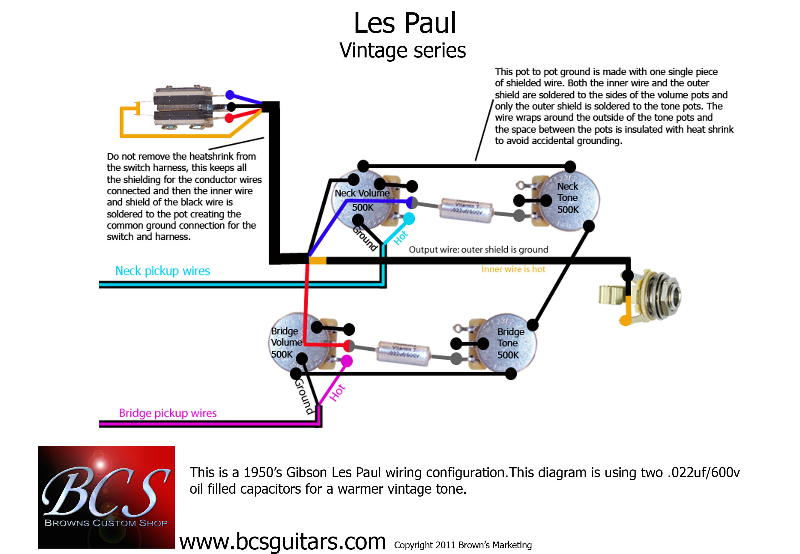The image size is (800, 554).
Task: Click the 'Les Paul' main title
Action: click(404, 23)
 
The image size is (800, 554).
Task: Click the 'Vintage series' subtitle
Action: click(403, 50)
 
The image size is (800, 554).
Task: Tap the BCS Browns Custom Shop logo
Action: click(106, 497)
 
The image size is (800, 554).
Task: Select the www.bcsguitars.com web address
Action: click(282, 542)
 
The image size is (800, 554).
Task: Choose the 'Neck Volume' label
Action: click(362, 193)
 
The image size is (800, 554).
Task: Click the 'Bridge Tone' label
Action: click(510, 337)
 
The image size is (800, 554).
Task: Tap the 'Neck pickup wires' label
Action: click(162, 271)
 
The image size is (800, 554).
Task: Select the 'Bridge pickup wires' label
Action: click(168, 413)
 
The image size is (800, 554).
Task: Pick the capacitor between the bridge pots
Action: click(403, 353)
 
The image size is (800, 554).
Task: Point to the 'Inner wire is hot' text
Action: click(513, 269)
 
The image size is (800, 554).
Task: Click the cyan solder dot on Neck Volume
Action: click(409, 218)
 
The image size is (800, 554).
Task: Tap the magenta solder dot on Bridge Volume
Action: click(346, 361)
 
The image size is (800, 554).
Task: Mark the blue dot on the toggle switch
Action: click(230, 95)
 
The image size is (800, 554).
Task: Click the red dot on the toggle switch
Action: click(229, 118)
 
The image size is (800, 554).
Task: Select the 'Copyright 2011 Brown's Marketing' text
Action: click(463, 545)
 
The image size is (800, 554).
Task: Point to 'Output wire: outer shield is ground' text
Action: click(478, 249)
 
